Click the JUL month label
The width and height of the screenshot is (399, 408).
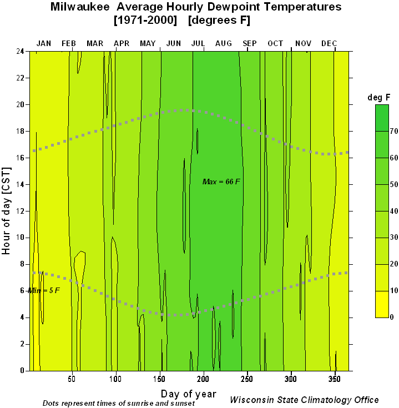click(x=198, y=43)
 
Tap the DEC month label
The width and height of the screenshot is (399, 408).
click(x=329, y=43)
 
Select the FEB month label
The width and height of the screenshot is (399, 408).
click(x=69, y=43)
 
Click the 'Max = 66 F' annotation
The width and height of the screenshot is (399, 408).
click(x=221, y=182)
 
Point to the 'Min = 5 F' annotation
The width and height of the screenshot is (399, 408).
click(x=44, y=290)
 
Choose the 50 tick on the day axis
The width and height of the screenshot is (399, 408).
click(x=72, y=379)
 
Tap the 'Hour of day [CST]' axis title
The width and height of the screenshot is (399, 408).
click(x=7, y=211)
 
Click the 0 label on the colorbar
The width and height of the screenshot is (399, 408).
click(x=392, y=317)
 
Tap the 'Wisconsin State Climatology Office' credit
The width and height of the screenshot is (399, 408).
click(x=304, y=400)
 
